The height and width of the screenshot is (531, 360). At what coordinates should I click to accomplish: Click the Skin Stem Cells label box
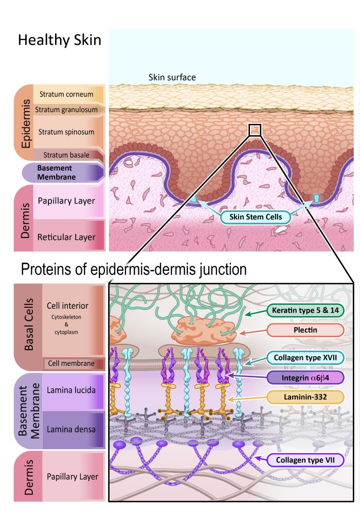coord(256,216)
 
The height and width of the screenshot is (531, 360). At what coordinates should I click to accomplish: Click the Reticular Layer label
coord(66,237)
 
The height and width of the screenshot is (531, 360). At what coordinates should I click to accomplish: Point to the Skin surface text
coord(172,78)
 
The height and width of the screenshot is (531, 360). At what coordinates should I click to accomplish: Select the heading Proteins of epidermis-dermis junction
coord(134,269)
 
